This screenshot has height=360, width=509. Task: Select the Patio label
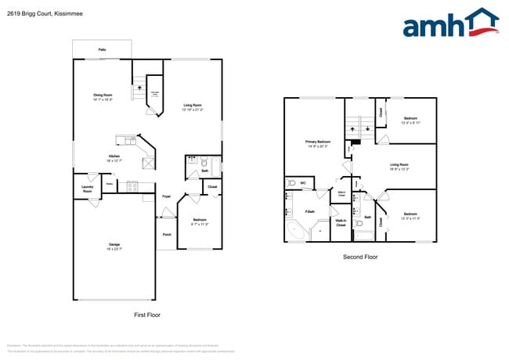click(x=102, y=49)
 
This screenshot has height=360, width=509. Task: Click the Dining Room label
click(x=103, y=97)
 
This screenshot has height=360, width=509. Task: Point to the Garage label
click(x=114, y=247)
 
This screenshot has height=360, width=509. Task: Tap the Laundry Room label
click(x=88, y=189)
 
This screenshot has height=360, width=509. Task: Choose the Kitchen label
click(x=114, y=157)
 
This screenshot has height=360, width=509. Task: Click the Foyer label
click(x=167, y=196)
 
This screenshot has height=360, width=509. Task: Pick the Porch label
click(x=167, y=234)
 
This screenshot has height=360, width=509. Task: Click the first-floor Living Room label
click(x=193, y=107)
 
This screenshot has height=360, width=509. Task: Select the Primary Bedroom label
click(x=316, y=144)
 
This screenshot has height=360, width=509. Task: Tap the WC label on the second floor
click(x=303, y=183)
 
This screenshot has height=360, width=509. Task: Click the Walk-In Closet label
click(x=341, y=222)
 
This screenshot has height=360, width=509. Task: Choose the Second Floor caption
click(x=360, y=256)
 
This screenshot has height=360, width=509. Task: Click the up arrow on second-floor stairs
click(x=352, y=128)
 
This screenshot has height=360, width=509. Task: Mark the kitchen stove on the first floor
click(x=131, y=186)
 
